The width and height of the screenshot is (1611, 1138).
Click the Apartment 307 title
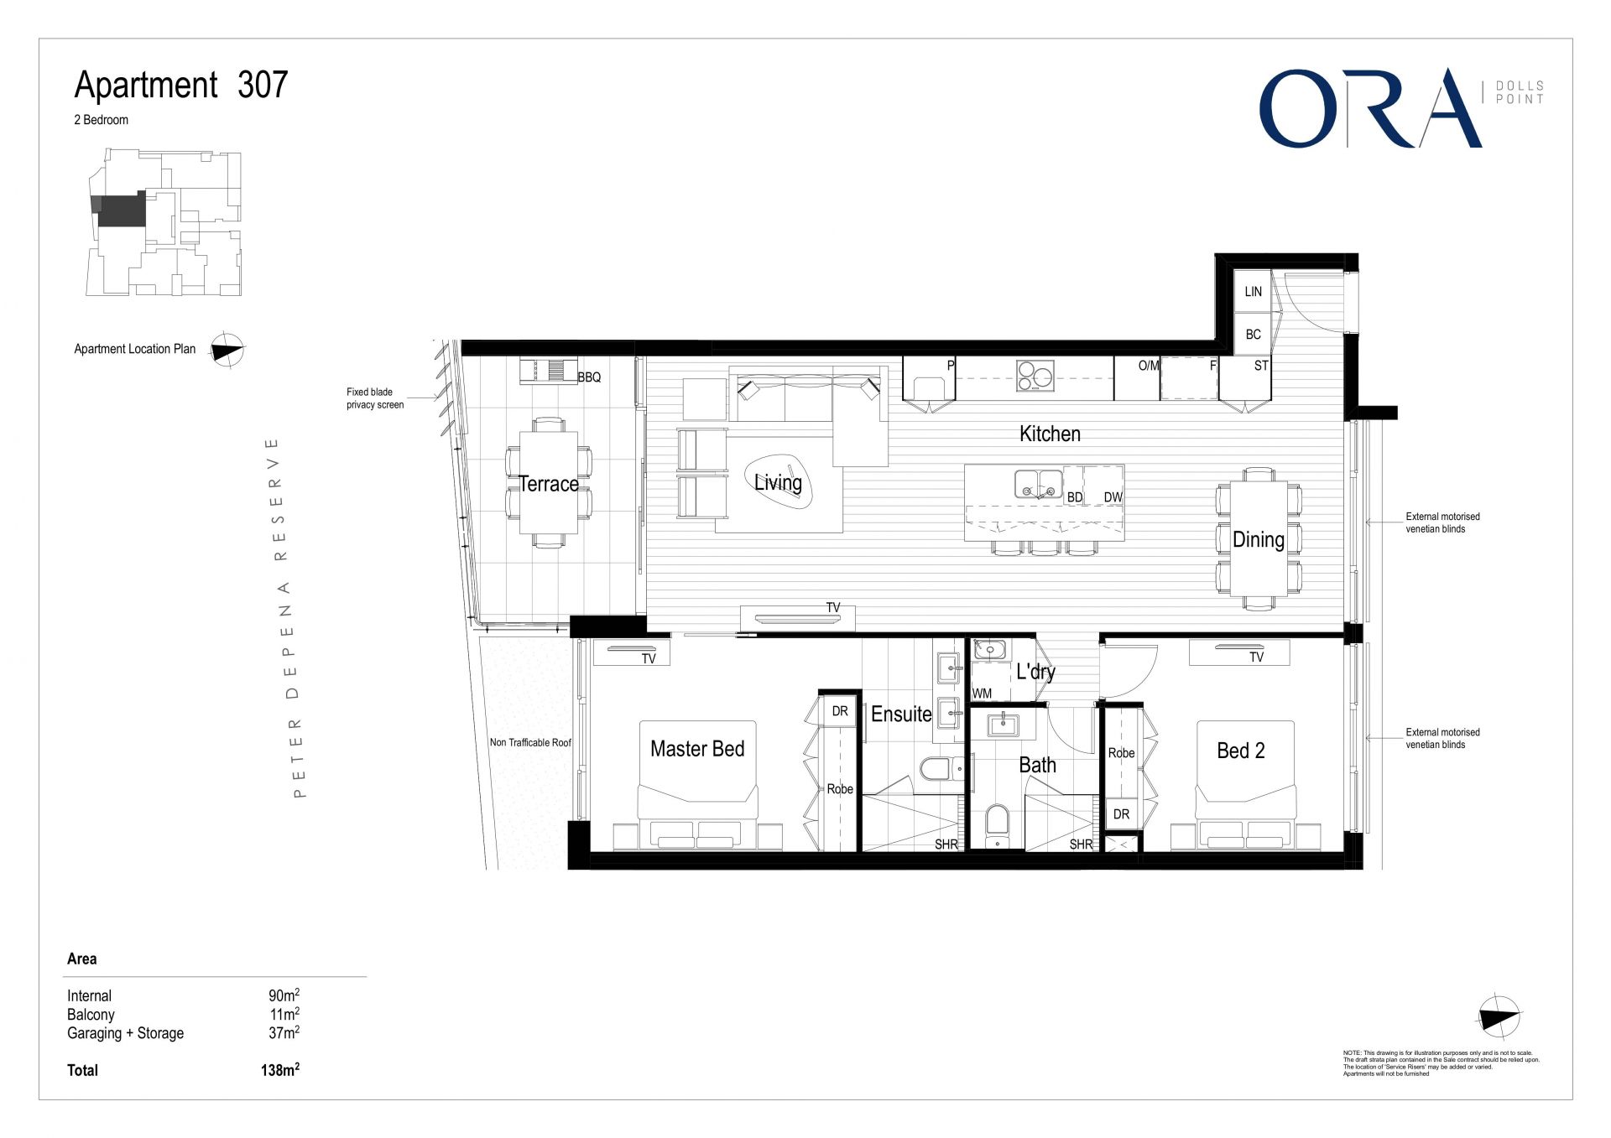click(181, 85)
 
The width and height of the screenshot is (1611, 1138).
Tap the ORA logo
click(1369, 109)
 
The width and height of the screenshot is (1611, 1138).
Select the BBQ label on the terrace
click(589, 377)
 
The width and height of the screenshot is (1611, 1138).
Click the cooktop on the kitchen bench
click(1035, 375)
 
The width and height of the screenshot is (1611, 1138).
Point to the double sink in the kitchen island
click(1039, 484)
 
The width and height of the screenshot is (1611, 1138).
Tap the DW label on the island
click(1113, 497)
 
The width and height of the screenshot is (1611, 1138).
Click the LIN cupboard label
click(1253, 292)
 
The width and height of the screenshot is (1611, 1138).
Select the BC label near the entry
click(1253, 335)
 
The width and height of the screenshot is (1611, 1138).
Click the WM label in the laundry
click(982, 694)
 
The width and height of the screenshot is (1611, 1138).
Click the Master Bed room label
click(696, 749)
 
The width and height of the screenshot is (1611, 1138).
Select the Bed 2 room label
click(1240, 751)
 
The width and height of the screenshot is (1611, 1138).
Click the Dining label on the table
click(1258, 540)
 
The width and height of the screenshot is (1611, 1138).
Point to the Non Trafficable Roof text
click(530, 742)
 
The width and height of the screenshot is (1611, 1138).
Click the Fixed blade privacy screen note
click(375, 398)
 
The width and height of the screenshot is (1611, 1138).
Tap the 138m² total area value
click(279, 1070)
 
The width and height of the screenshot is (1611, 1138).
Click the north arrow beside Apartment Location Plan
click(227, 350)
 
